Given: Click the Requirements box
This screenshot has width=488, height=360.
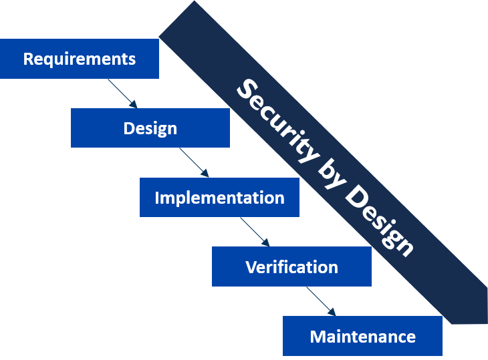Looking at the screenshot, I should pos(79,59).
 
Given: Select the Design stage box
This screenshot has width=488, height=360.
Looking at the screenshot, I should pos(150,128).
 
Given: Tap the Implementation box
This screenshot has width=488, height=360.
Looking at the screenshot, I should pos(219,198).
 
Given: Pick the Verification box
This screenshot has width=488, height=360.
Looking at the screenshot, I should pos(291,267).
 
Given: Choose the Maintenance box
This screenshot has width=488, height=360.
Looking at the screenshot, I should pos(362,336).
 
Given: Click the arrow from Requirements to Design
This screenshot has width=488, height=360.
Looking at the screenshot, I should pos(122,94).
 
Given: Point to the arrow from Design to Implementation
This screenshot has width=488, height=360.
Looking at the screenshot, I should pos(194,162).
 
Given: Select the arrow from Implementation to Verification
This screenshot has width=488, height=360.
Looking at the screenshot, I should pos(255,232).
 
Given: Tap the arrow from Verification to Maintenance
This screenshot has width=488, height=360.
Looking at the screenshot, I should pos(320,301).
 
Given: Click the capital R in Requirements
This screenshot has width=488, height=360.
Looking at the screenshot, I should pos(28,59).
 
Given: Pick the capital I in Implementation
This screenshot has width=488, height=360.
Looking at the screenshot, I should pos(157,198).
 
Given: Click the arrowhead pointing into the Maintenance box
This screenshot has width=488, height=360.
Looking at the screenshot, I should pos(331,312).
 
